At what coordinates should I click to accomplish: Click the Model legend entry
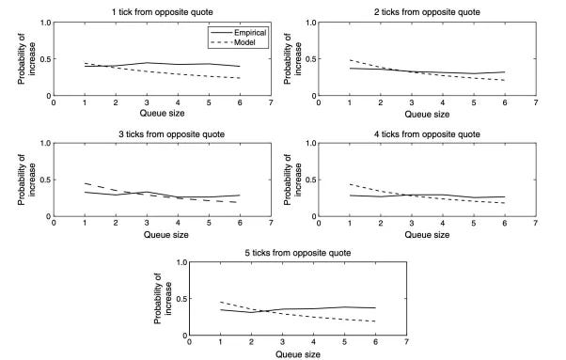click(x=233, y=42)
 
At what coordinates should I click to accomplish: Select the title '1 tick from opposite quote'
click(x=163, y=12)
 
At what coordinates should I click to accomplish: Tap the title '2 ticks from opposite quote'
click(x=427, y=12)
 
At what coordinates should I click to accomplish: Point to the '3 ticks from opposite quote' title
click(x=172, y=134)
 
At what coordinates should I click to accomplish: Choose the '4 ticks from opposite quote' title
click(x=427, y=134)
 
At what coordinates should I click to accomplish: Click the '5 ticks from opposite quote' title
click(x=298, y=253)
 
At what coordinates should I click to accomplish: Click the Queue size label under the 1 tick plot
click(x=162, y=114)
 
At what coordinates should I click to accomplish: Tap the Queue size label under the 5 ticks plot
click(x=298, y=354)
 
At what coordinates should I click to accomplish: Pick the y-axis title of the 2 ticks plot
click(x=292, y=59)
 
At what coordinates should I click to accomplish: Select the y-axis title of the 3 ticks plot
click(x=26, y=180)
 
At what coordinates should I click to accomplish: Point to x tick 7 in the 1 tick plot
click(x=271, y=102)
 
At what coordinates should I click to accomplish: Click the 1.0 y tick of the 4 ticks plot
click(x=311, y=143)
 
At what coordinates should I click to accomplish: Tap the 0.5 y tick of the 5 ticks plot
click(x=182, y=299)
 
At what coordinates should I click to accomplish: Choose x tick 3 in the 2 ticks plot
click(x=412, y=102)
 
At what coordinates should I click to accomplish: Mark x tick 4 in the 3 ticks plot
click(x=178, y=224)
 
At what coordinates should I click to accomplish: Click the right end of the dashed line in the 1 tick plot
click(x=240, y=78)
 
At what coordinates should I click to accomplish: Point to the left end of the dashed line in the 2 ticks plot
click(x=350, y=60)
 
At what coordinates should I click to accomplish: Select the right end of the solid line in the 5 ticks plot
click(x=375, y=307)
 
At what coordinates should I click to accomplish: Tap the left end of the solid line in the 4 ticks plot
click(x=350, y=196)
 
